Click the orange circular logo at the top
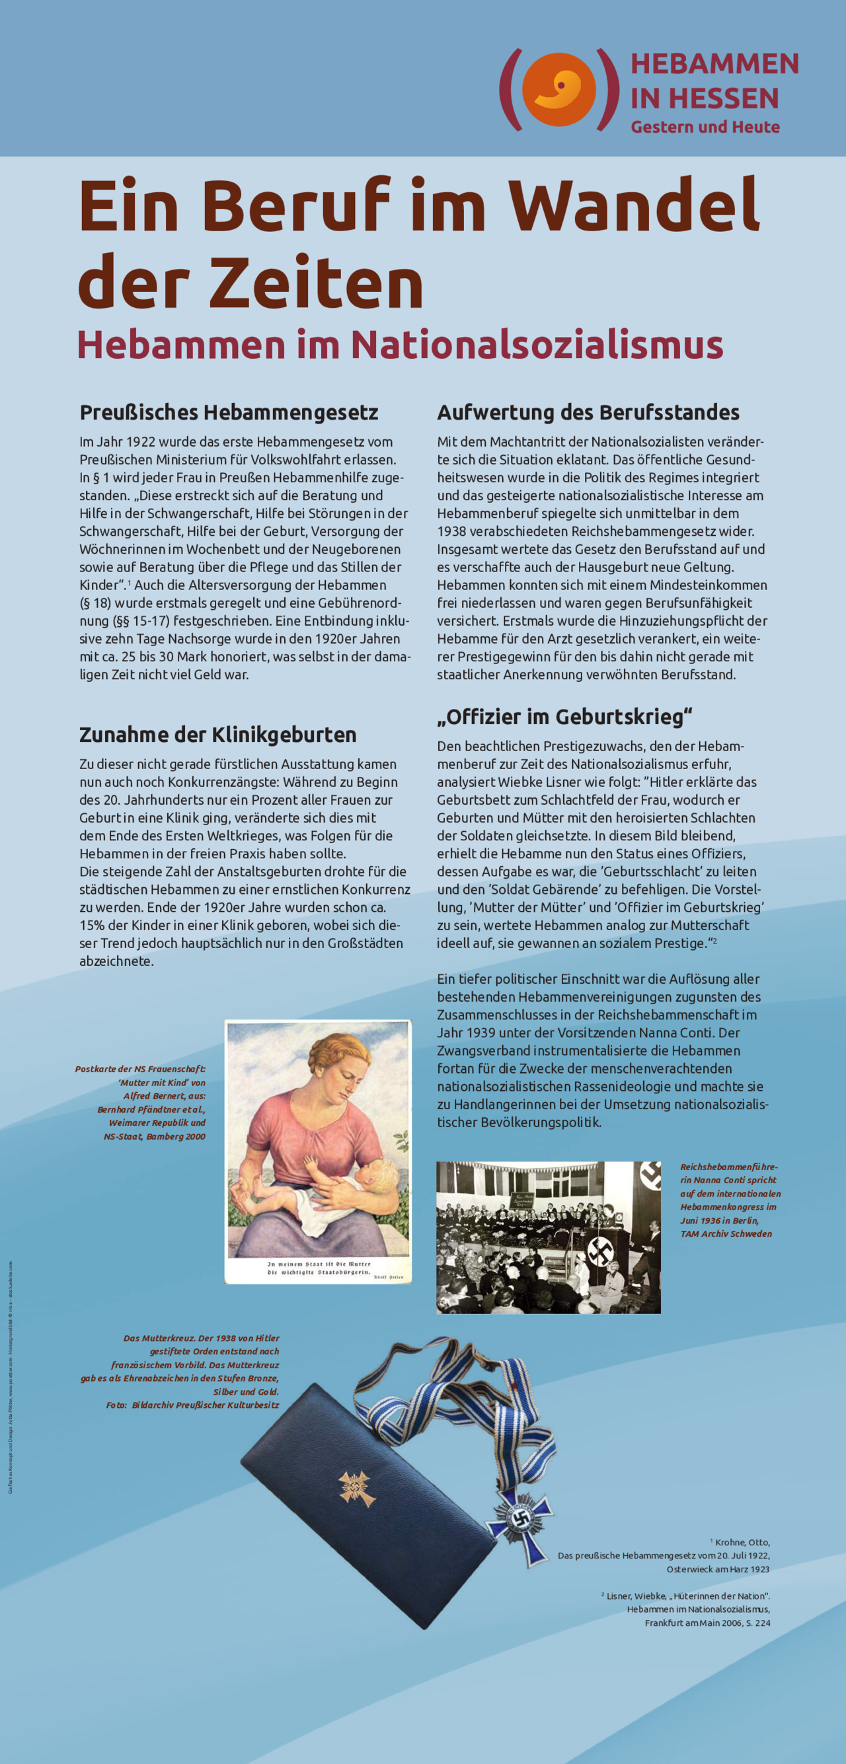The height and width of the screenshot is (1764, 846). tap(558, 89)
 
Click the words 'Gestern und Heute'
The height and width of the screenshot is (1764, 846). tap(705, 128)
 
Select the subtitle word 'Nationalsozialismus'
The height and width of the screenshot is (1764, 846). tap(537, 344)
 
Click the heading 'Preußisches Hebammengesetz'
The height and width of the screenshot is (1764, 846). tap(229, 412)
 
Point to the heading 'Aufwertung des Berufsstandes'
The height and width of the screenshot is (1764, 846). tap(588, 412)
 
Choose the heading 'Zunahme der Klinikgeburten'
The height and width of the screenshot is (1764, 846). tap(218, 734)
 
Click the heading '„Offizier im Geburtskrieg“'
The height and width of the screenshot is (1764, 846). tap(564, 716)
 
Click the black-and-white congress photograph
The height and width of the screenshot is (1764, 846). tap(548, 1237)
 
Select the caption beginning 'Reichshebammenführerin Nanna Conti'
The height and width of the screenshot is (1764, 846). tap(729, 1200)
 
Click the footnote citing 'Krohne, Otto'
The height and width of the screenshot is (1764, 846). tap(663, 1555)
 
